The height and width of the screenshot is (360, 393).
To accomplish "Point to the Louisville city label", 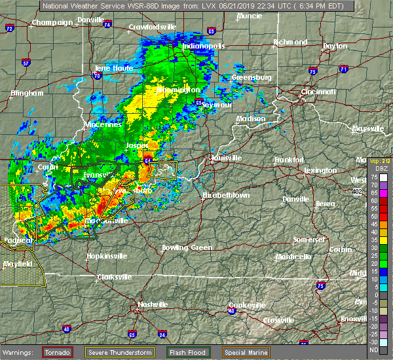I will [226, 158].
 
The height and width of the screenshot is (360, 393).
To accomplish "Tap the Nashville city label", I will [153, 304].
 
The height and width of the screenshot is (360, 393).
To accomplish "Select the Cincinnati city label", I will [319, 92].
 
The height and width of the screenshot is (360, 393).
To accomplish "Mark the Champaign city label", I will [53, 22].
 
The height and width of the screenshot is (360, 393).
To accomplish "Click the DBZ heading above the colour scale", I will [375, 168].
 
